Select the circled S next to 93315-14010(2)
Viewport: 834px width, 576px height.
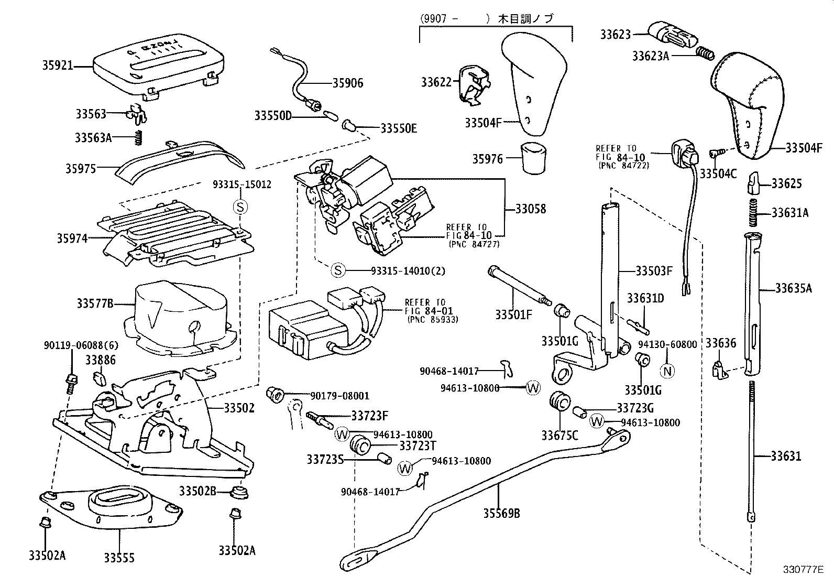pyautogui.click(x=338, y=270)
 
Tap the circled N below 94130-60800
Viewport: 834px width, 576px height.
pyautogui.click(x=668, y=371)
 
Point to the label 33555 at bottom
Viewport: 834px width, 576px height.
pyautogui.click(x=119, y=558)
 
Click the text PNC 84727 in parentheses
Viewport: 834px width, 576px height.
pyautogui.click(x=474, y=244)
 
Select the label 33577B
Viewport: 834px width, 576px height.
pyautogui.click(x=95, y=303)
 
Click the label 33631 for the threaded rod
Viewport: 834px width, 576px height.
pyautogui.click(x=786, y=456)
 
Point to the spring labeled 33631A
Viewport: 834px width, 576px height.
pyautogui.click(x=752, y=213)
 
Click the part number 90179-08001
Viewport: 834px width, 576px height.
pyautogui.click(x=340, y=396)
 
